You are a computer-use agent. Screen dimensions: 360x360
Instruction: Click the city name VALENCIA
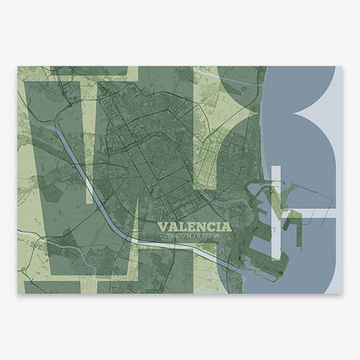click(x=194, y=226)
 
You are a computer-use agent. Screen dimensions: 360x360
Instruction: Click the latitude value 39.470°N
click(x=179, y=236)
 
